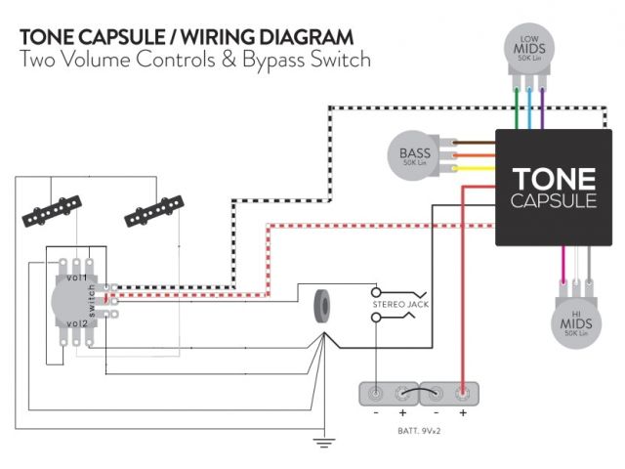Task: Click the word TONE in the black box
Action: tap(554, 179)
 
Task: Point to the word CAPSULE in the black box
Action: tap(554, 201)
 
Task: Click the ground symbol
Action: tap(321, 442)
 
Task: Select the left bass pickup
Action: tap(46, 213)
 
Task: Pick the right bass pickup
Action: tap(154, 209)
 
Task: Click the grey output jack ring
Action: tap(320, 307)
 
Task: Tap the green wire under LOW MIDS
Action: tap(517, 108)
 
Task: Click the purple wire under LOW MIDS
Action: tap(542, 108)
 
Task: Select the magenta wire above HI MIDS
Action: tap(563, 265)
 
